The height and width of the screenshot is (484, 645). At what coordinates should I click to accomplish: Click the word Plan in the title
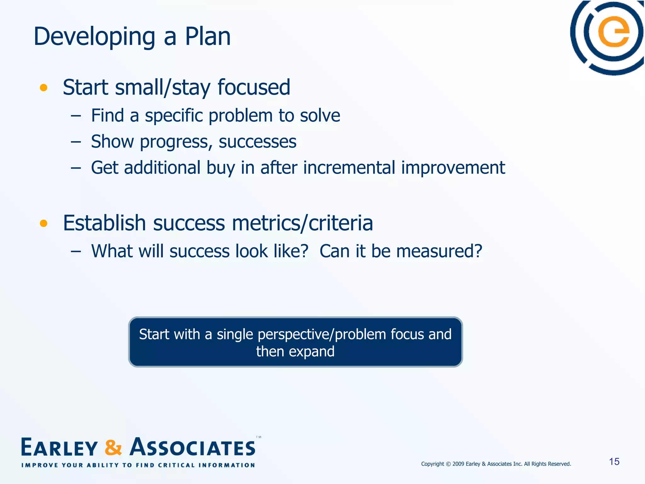208,37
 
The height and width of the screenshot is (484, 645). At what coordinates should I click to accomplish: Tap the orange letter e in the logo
614,32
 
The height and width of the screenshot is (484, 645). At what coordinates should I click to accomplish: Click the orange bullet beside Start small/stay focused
43,88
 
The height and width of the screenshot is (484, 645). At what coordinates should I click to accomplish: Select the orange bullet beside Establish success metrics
43,223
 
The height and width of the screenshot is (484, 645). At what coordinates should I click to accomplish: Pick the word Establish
104,223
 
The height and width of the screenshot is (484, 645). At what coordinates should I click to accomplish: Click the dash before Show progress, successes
76,142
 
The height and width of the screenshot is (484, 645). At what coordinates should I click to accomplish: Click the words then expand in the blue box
295,352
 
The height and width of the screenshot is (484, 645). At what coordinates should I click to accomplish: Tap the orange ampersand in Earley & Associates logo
113,447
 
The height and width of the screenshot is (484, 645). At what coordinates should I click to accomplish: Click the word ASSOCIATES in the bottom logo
193,447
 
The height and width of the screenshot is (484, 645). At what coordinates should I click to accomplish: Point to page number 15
614,462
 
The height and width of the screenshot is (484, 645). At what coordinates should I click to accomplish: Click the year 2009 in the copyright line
458,464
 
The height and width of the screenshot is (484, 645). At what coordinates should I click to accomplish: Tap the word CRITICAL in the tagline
176,465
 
